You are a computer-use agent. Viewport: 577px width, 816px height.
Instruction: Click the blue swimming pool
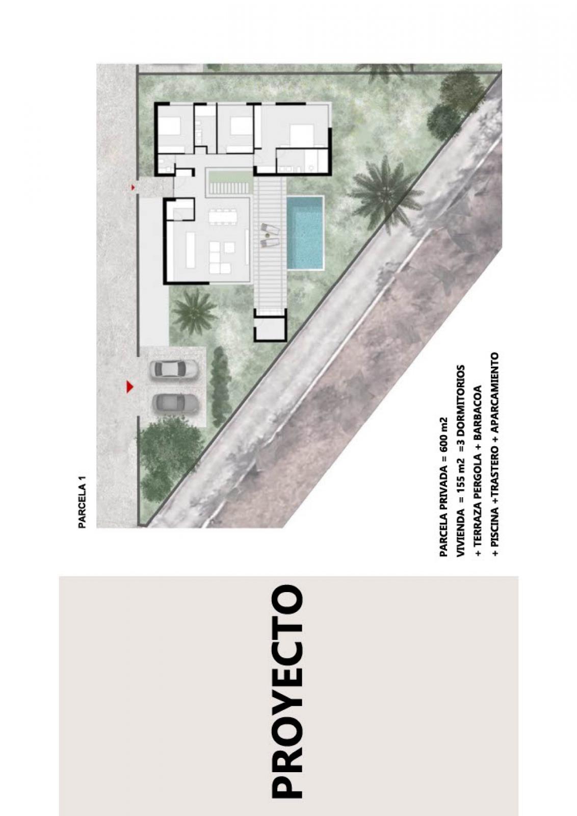pos(305,233)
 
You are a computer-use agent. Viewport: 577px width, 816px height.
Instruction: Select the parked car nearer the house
pos(174,369)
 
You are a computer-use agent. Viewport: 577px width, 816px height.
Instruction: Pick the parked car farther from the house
pos(175,403)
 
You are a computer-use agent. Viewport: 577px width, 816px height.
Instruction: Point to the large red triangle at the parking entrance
pos(130,387)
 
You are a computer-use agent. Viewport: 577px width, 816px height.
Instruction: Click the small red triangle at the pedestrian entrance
pos(133,187)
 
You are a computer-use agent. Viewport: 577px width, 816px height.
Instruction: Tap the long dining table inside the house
pos(223,217)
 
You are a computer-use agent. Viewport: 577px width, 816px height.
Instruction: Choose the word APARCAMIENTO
pos(495,390)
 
